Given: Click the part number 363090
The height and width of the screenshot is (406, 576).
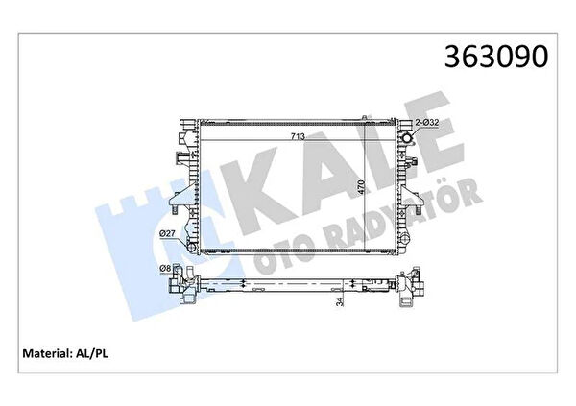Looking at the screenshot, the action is pyautogui.click(x=496, y=57).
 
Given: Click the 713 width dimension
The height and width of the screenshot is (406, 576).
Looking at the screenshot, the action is pyautogui.click(x=298, y=136).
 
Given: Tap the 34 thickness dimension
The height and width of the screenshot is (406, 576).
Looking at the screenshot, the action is pyautogui.click(x=340, y=301).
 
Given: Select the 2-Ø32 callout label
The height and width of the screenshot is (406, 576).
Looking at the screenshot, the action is pyautogui.click(x=427, y=122).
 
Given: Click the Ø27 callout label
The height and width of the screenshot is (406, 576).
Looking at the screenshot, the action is pyautogui.click(x=166, y=233).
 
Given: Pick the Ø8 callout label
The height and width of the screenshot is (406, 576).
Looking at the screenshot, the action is pyautogui.click(x=165, y=269).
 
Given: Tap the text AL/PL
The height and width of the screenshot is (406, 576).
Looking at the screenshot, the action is pyautogui.click(x=92, y=353).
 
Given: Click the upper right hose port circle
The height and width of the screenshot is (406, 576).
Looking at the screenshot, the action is pyautogui.click(x=408, y=139).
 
